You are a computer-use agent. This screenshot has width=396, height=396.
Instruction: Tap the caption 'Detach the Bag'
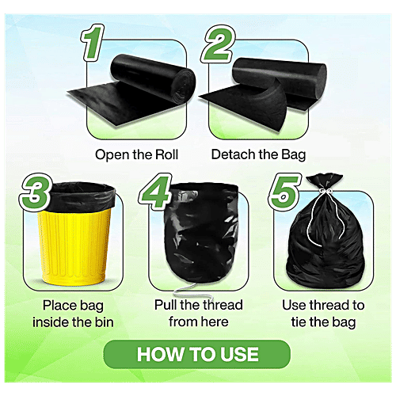pyautogui.click(x=258, y=154)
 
